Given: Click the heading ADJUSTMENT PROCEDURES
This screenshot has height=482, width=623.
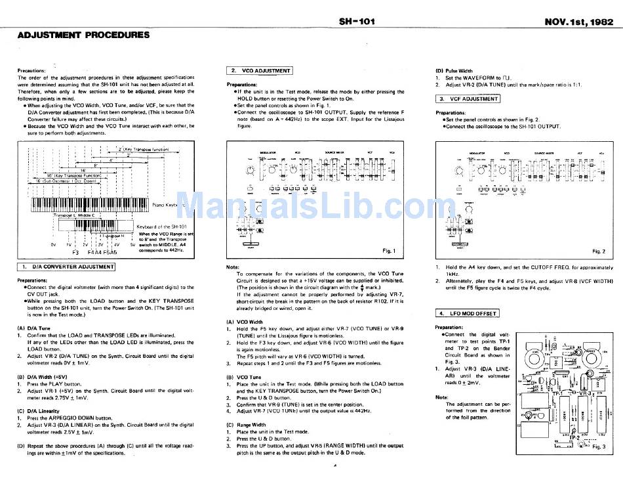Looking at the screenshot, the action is [x=83, y=35].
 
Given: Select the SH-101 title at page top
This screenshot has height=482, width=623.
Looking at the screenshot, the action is [x=356, y=21].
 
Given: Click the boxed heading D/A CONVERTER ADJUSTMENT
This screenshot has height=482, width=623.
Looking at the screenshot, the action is [x=66, y=267].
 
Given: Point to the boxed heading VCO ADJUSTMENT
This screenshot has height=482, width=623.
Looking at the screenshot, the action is [x=260, y=70].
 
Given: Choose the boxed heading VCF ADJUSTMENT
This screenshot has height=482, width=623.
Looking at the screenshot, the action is [x=468, y=99].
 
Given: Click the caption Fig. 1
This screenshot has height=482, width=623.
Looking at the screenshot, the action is [x=389, y=251].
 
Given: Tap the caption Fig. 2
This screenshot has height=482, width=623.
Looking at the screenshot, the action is [x=598, y=251].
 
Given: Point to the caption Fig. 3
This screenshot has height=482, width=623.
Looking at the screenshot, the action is [x=597, y=447].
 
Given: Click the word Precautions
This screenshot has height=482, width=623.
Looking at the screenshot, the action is [x=31, y=70].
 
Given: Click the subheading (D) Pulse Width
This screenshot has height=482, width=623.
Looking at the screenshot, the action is [x=454, y=70].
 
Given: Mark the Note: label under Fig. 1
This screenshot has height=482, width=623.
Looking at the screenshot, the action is [x=232, y=267].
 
